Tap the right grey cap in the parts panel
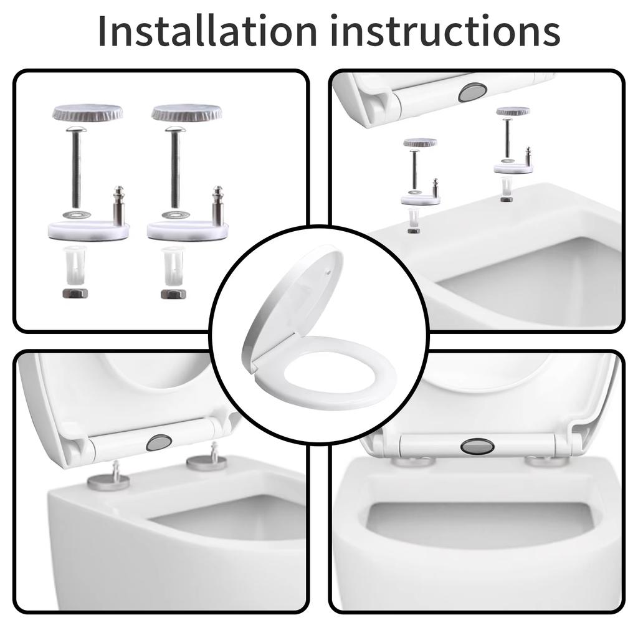pyautogui.click(x=187, y=113)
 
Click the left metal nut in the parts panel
pyautogui.click(x=75, y=293)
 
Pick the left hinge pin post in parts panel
pyautogui.click(x=118, y=206)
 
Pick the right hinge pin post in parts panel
pyautogui.click(x=217, y=206)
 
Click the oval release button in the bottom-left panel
pyautogui.click(x=159, y=442)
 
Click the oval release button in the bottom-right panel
pyautogui.click(x=477, y=446)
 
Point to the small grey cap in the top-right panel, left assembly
pyautogui.click(x=419, y=143)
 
